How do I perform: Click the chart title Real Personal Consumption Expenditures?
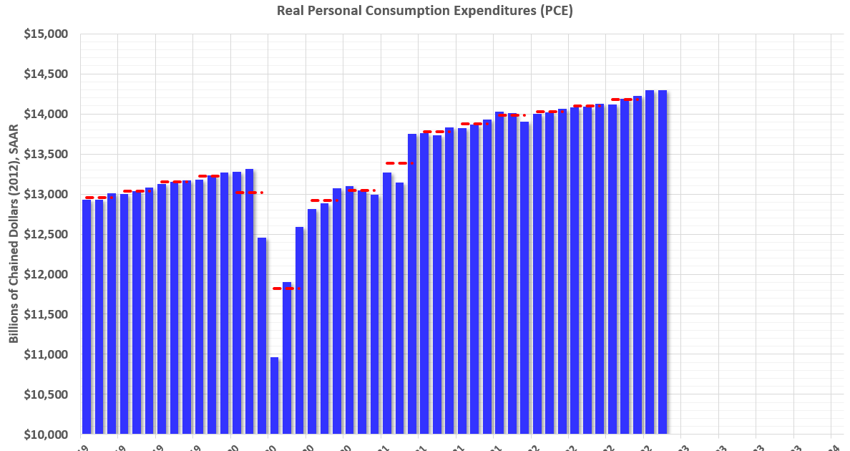coord(424,11)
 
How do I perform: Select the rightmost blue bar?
coord(663,262)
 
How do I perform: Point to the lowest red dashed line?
coord(287,288)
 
